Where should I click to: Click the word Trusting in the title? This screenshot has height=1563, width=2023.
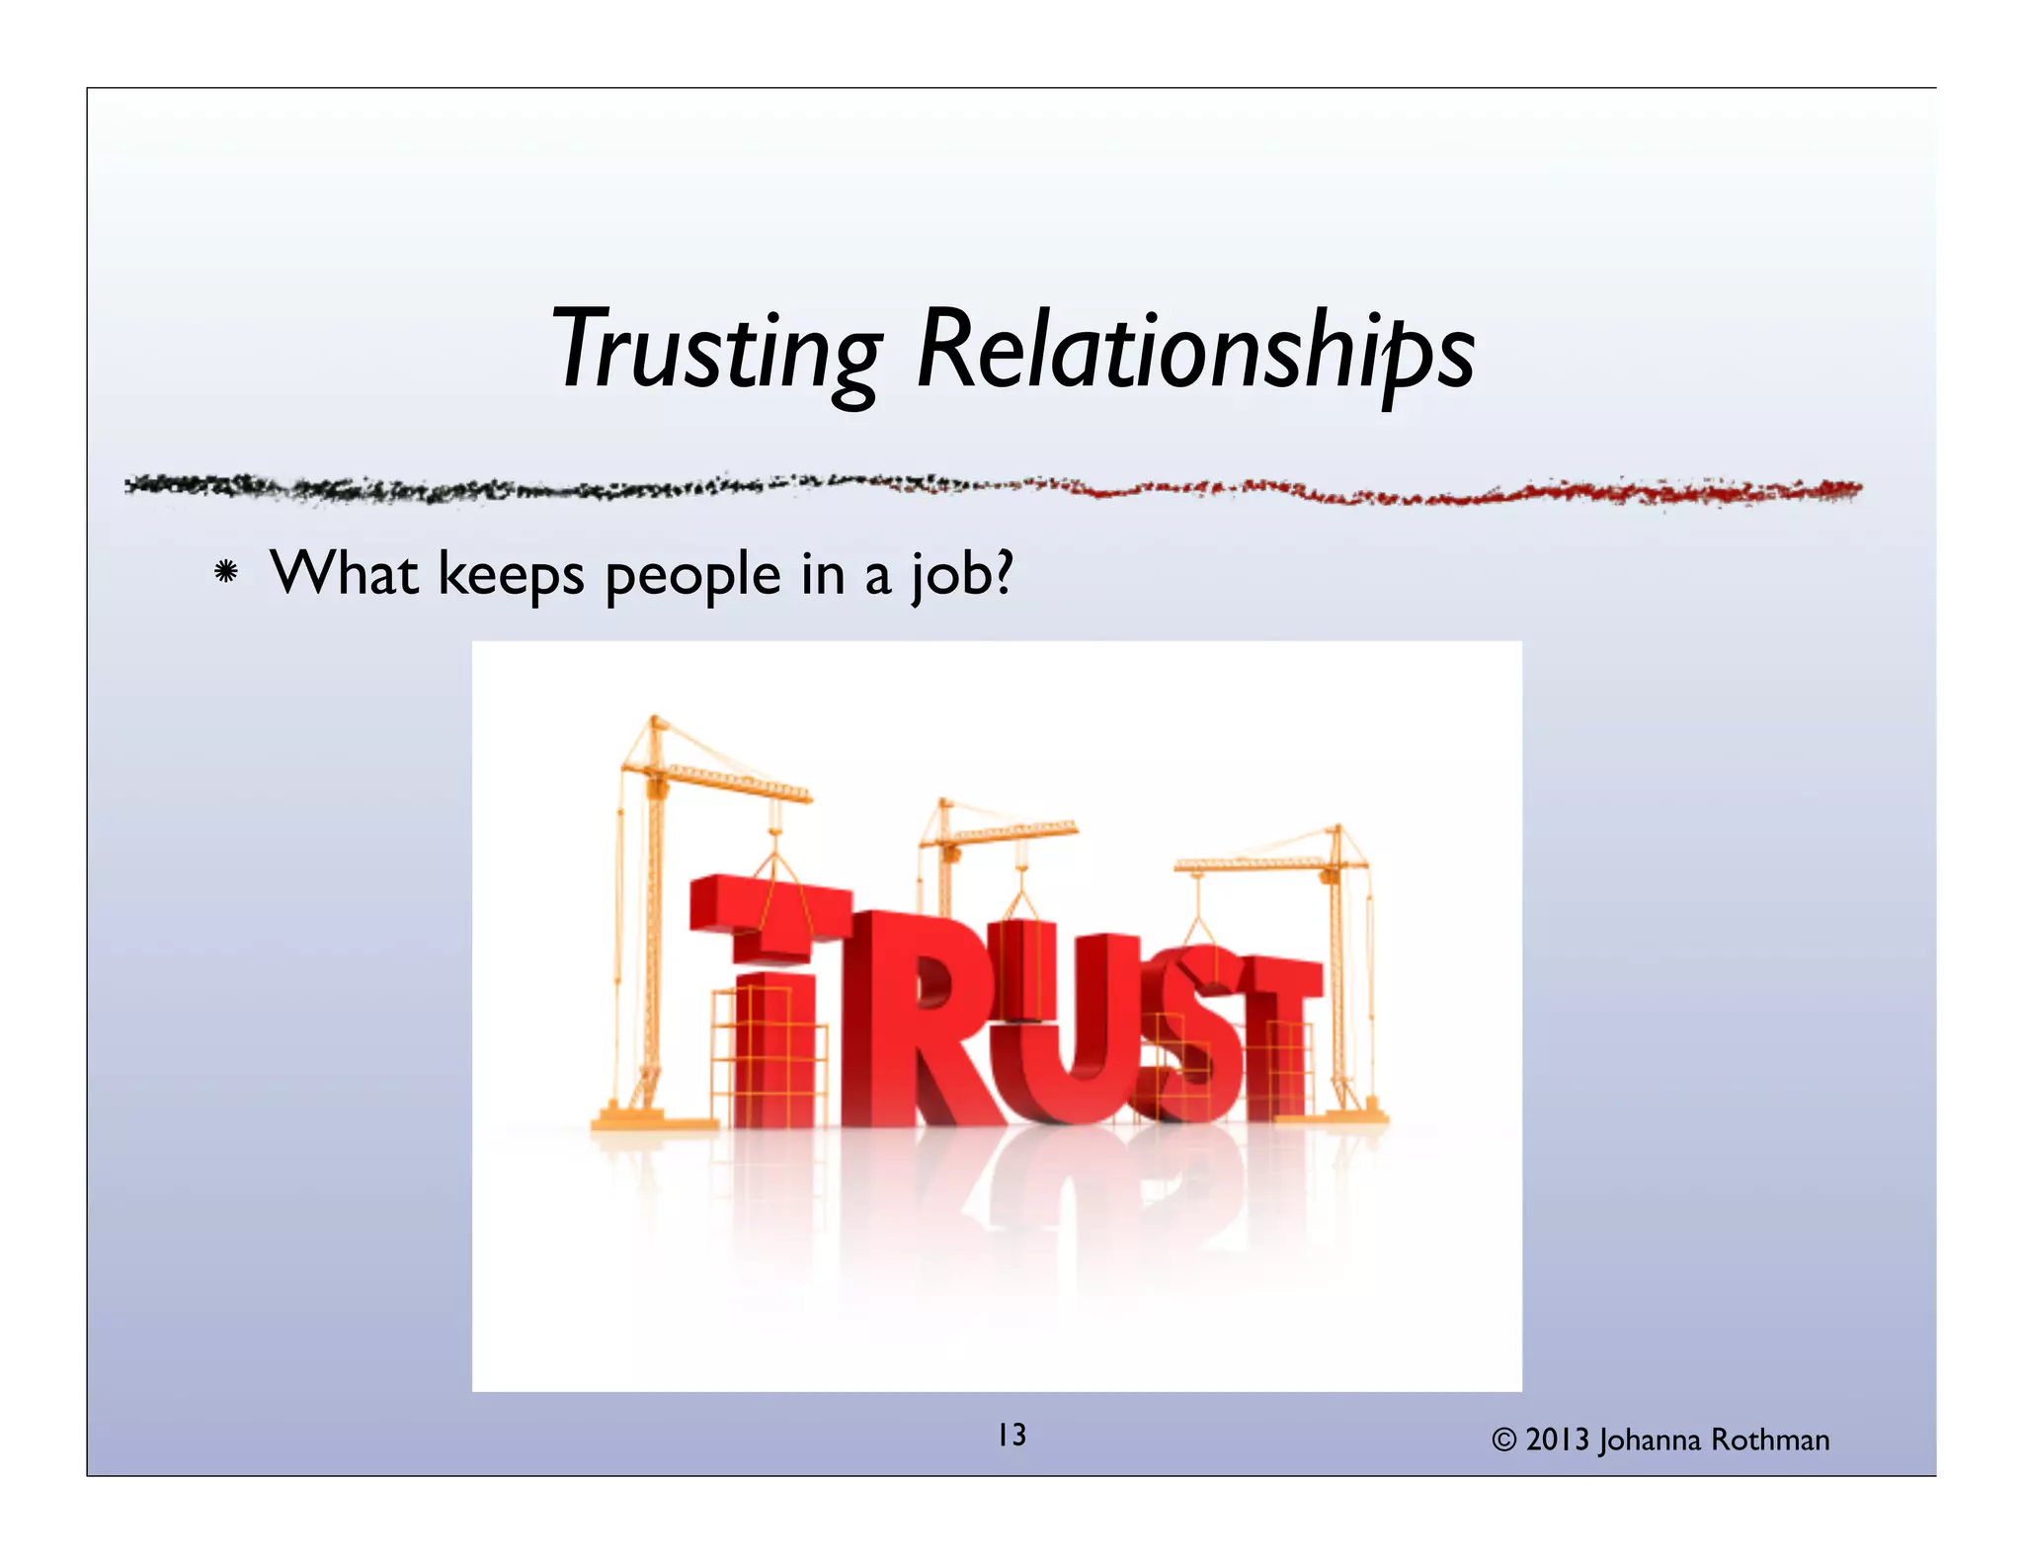[716, 351]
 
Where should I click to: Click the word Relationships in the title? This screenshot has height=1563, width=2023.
[1195, 351]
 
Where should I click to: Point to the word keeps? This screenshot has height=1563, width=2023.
[511, 575]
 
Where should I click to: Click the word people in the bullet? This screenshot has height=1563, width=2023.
[692, 575]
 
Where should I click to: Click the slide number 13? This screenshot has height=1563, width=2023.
[1011, 1435]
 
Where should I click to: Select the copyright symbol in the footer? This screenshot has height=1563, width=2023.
[1503, 1440]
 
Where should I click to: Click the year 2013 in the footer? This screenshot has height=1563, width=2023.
[1557, 1440]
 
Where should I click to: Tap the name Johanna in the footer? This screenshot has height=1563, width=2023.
[1650, 1440]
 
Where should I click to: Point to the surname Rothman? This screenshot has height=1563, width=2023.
[1770, 1440]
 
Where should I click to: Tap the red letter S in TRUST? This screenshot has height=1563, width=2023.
[1185, 1037]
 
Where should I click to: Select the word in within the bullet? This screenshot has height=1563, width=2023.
[822, 574]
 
